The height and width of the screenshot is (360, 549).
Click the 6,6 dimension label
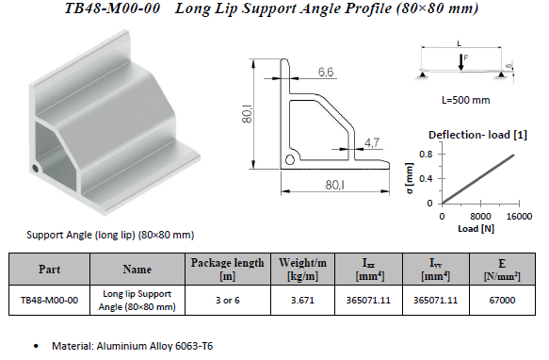click(326, 72)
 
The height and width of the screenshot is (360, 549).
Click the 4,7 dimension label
click(371, 142)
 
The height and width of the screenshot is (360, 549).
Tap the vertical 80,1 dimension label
click(247, 115)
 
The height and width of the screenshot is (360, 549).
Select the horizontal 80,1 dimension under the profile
click(334, 185)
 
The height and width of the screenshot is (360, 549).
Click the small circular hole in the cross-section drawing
click(290, 159)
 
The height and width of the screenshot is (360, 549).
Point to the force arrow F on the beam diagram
click(461, 61)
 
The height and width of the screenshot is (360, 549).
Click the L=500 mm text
click(466, 100)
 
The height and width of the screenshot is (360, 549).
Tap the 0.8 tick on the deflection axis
click(426, 155)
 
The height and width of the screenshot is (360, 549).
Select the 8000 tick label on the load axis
click(480, 216)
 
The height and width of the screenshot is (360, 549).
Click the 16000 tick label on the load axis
click(519, 216)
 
